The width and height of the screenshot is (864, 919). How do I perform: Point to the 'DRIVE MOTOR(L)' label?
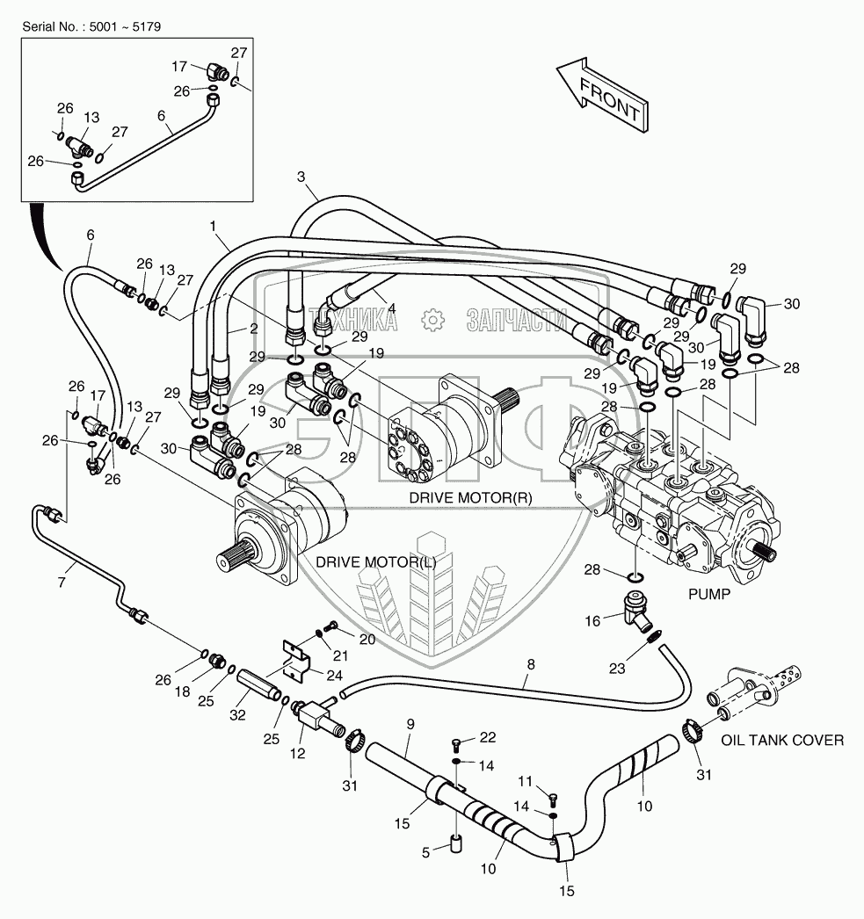pos(374,561)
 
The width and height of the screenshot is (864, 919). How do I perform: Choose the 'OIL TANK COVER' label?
pos(782,741)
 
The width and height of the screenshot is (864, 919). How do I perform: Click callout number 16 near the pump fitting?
pos(592,621)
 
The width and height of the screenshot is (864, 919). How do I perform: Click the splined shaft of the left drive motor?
pos(236,557)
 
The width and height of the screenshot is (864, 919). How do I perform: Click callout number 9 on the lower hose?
pos(409,726)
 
